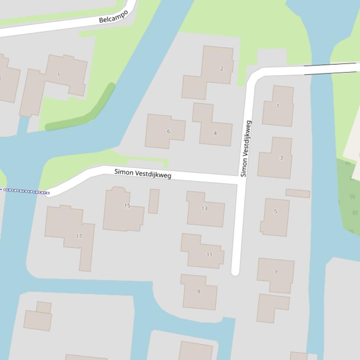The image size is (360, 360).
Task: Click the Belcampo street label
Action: click(x=113, y=16)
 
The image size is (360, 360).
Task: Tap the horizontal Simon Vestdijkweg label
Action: click(x=143, y=173)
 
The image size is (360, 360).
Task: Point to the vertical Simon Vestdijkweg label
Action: click(x=246, y=149)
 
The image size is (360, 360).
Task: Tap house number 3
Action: click(x=276, y=158)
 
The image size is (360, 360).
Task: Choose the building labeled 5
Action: click(x=275, y=217)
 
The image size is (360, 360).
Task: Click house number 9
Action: click(x=198, y=291)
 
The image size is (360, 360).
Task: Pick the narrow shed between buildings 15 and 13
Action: click(x=154, y=201)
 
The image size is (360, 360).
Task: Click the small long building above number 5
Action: click(x=298, y=193)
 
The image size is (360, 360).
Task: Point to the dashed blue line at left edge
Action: click(x=23, y=191)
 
